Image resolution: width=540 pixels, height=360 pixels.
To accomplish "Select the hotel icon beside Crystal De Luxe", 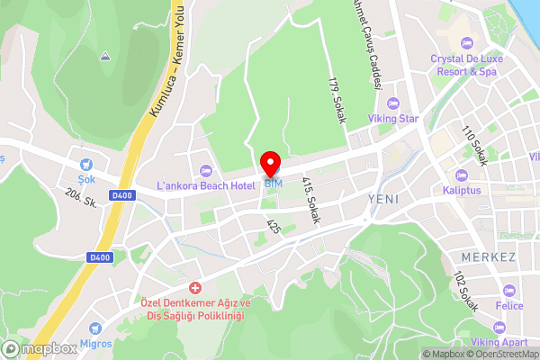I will click(466, 43).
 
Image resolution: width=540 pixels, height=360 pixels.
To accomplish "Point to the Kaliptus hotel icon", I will click(462, 175).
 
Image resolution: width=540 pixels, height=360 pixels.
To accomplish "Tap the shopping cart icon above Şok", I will click(86, 165).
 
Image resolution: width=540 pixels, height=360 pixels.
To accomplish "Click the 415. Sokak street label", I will click(311, 200).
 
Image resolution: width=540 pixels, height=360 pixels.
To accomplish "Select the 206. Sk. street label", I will click(81, 201).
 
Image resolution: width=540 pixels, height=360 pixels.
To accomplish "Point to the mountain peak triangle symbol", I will click(105, 57).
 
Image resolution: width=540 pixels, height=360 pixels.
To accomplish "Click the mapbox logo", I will click(39, 348).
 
